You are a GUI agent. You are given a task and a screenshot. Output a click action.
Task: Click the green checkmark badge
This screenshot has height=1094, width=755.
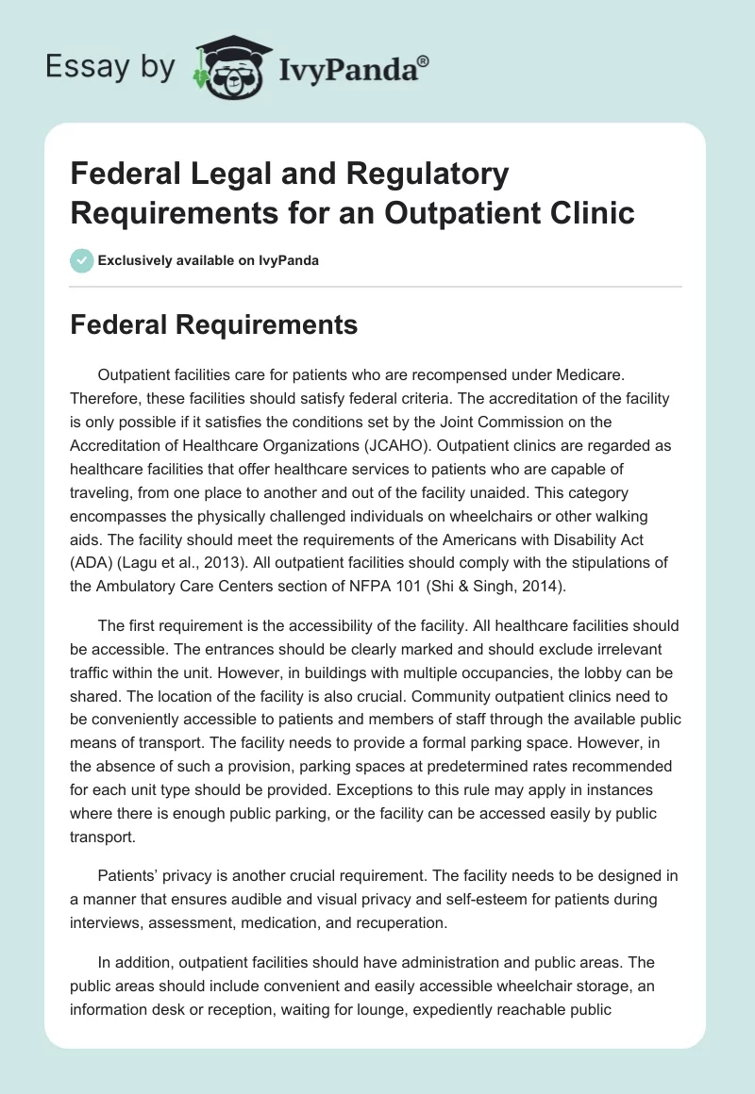83,260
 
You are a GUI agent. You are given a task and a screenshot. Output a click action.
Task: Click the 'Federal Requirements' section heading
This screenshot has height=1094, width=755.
214,325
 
